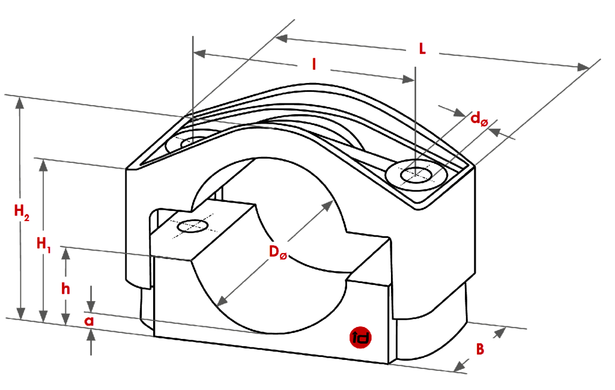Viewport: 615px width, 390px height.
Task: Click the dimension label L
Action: pyautogui.click(x=422, y=50)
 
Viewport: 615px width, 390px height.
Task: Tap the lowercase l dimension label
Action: pyautogui.click(x=314, y=64)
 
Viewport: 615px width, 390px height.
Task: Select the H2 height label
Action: pyautogui.click(x=22, y=212)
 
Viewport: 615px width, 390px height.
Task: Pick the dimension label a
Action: pyautogui.click(x=89, y=321)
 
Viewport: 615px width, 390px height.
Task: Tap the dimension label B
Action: pyautogui.click(x=480, y=348)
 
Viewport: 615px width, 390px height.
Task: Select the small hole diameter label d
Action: pyautogui.click(x=479, y=120)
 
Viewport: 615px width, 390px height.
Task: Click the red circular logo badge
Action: pyautogui.click(x=361, y=338)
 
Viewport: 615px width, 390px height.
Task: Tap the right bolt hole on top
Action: pyautogui.click(x=417, y=174)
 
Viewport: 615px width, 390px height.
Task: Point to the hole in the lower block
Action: pyautogui.click(x=192, y=226)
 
